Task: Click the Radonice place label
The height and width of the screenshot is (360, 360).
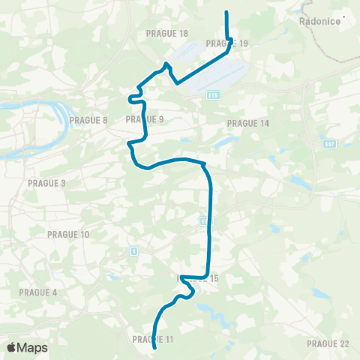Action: pos(321,22)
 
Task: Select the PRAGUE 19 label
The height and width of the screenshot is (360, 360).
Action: pos(226,44)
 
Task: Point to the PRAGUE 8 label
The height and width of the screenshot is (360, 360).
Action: pos(88,119)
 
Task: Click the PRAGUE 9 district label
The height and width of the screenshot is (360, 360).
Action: pos(145,118)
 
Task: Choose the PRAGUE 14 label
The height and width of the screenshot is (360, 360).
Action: pos(247,123)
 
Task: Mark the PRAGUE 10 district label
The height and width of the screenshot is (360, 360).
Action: pos(68,235)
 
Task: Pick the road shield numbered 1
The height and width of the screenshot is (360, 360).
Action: pos(133,250)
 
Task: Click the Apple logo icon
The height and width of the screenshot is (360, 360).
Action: pos(11,347)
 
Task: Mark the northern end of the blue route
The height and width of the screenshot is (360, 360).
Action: pos(226,12)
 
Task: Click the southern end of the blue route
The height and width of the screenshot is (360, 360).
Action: pos(154,349)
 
